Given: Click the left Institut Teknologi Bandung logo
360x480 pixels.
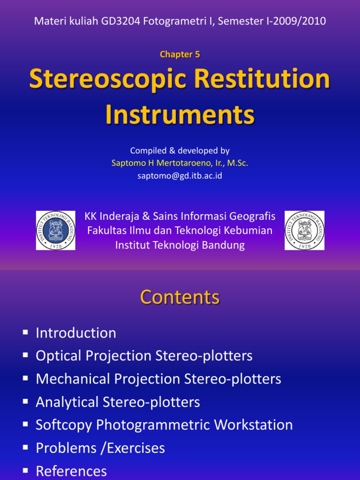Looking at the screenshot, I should [56, 230].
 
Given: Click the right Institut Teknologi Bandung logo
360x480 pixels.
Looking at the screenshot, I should [304, 230].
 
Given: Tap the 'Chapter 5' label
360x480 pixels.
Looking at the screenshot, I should [180, 54].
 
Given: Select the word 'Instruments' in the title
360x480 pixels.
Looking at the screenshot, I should [180, 114].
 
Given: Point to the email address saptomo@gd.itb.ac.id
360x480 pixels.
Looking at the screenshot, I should [180, 175].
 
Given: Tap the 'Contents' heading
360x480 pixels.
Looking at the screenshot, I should [180, 297].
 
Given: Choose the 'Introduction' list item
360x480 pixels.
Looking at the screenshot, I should [76, 333].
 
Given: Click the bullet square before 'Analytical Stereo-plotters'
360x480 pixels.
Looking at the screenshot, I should [25, 402].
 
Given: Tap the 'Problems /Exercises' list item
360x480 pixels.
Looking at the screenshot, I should [100, 449].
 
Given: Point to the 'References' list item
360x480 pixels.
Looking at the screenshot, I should [71, 471].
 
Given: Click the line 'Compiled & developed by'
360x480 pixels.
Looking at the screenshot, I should [180, 151].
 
